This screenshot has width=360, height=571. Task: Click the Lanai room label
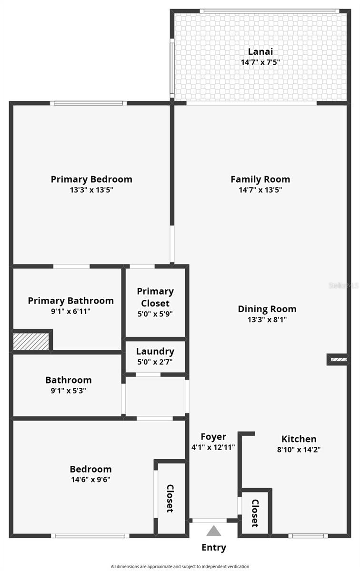260,52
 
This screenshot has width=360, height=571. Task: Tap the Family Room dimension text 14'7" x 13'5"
260,190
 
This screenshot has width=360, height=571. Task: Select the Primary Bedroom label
91,179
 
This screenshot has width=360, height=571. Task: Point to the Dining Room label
267,309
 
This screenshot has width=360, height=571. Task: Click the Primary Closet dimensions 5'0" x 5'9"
155,314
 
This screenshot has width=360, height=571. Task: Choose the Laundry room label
155,352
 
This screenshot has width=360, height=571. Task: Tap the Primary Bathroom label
70,301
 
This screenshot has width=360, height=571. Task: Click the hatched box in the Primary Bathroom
31,341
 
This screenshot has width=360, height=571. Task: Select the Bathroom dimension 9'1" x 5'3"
69,391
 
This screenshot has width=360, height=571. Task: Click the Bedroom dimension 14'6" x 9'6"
90,480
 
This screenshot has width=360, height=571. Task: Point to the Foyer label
213,437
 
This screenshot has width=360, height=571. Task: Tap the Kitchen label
299,439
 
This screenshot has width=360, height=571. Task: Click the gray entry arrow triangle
214,531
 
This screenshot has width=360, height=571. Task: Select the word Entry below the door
214,548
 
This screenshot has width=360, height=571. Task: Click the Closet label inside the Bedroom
170,498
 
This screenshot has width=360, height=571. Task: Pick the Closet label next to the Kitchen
255,513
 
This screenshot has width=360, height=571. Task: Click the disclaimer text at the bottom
180,566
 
